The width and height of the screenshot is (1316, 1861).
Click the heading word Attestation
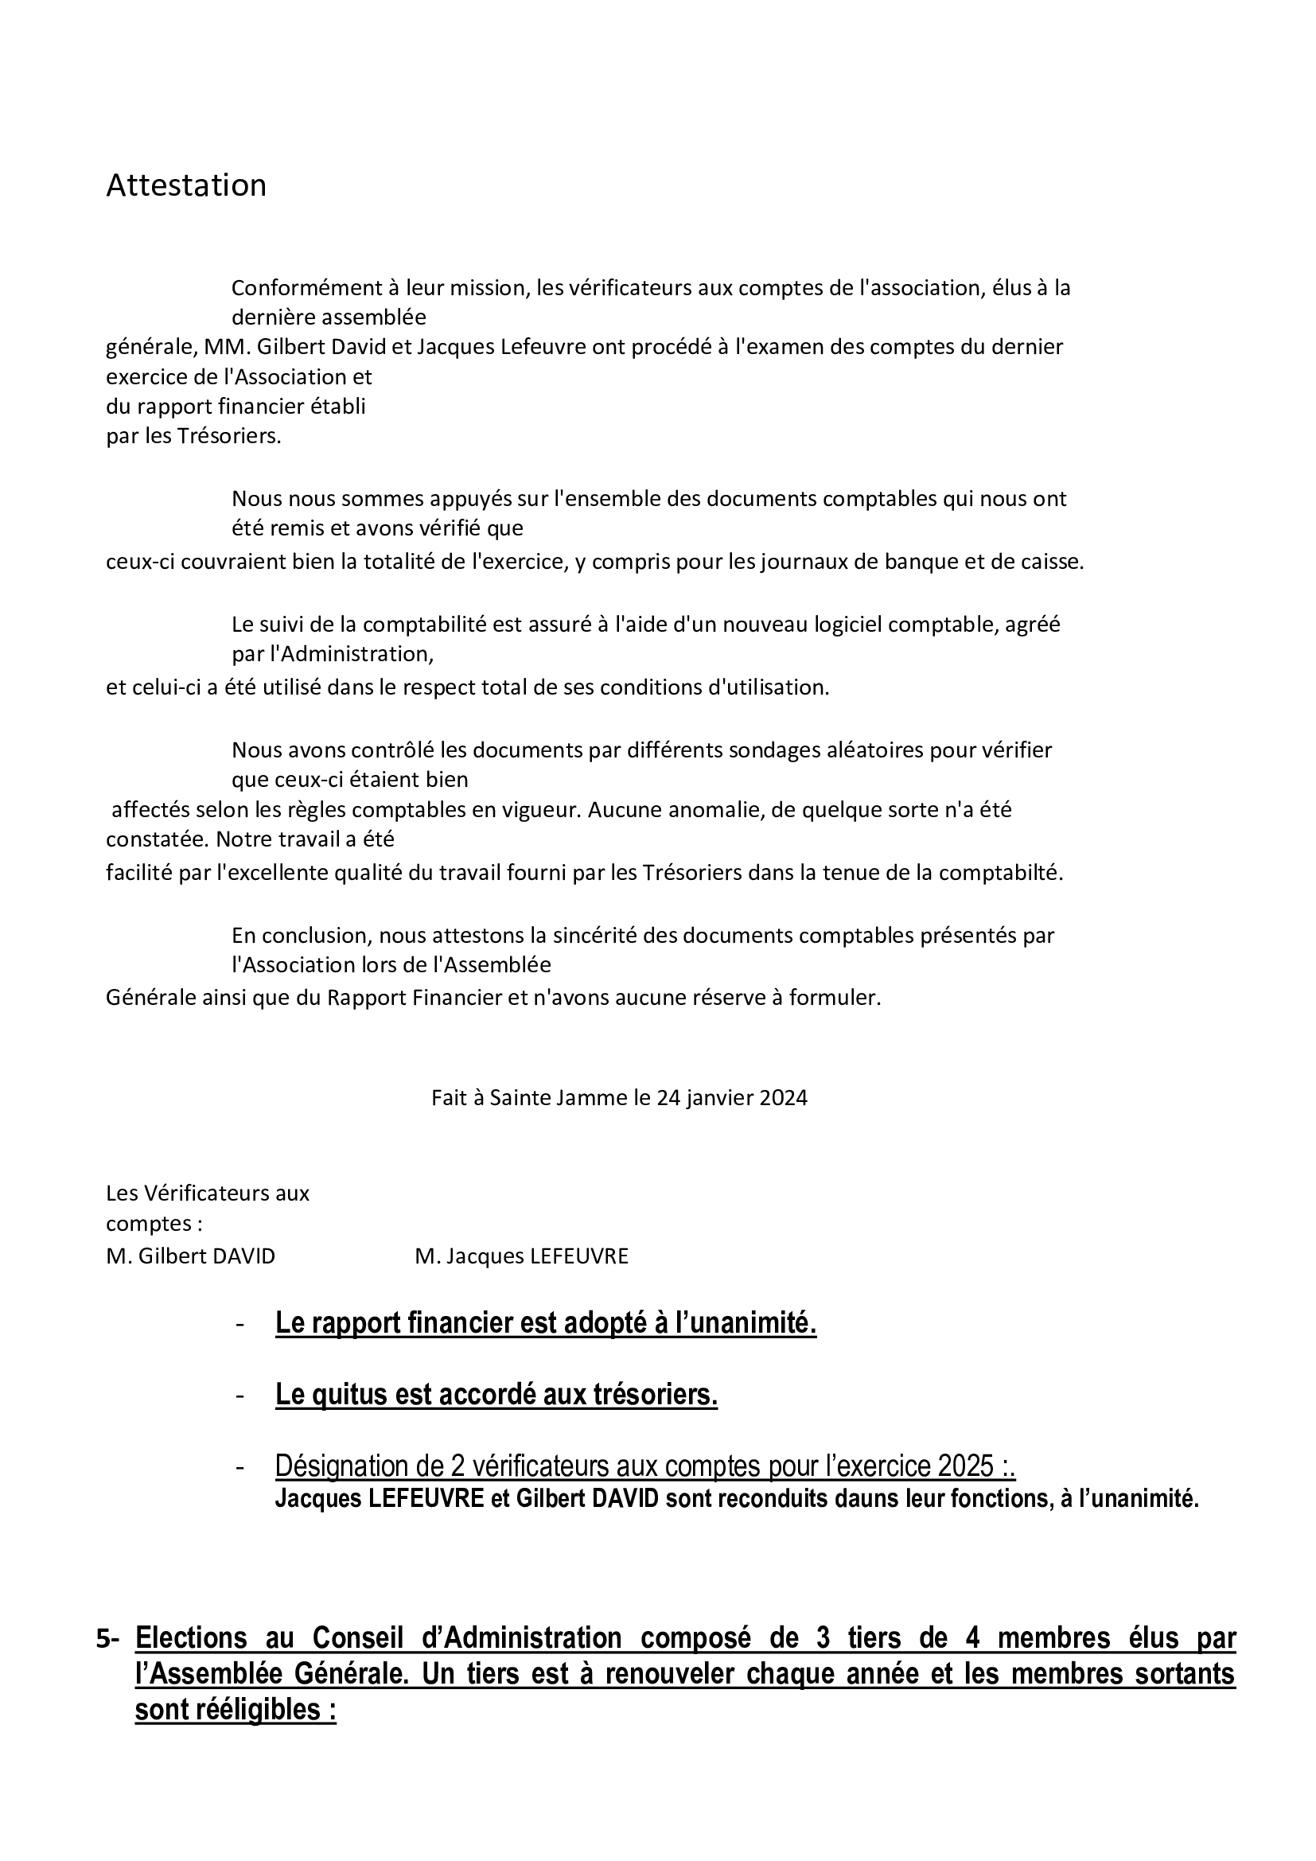click(x=185, y=185)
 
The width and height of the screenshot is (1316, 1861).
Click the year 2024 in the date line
click(x=784, y=1097)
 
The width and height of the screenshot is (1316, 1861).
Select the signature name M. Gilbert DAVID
click(x=190, y=1256)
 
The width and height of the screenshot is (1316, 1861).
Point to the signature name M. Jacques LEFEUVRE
click(x=521, y=1256)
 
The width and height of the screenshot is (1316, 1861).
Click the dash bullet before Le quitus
click(x=239, y=1396)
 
